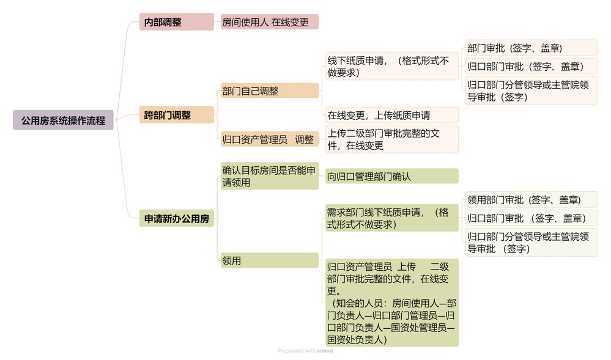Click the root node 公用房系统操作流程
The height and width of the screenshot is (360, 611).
[63, 120]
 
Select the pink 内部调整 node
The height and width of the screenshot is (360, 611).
[177, 22]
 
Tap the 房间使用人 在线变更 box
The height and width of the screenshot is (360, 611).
[270, 22]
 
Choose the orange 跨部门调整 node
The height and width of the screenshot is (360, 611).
[177, 115]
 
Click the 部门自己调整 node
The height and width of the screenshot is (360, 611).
[270, 91]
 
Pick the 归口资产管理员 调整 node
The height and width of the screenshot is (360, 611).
[270, 139]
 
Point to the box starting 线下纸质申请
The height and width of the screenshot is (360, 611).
[391, 66]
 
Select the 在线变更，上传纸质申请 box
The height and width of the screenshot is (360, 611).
[391, 116]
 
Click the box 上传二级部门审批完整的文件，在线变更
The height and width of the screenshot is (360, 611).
[391, 139]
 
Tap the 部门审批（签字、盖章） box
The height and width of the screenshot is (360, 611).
[531, 48]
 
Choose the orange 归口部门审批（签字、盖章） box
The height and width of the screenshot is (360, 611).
[531, 66]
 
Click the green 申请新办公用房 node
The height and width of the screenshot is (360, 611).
[177, 219]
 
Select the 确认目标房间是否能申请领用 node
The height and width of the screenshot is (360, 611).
[270, 176]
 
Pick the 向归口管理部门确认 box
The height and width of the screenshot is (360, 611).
[391, 176]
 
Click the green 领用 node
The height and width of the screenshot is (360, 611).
[270, 260]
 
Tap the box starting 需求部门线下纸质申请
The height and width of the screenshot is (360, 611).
[391, 218]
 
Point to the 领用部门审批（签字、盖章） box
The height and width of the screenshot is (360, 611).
[531, 199]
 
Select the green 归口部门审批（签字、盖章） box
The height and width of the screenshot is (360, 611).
[531, 218]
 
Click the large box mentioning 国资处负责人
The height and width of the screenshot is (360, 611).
[391, 303]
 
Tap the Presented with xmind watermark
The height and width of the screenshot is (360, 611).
[305, 351]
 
